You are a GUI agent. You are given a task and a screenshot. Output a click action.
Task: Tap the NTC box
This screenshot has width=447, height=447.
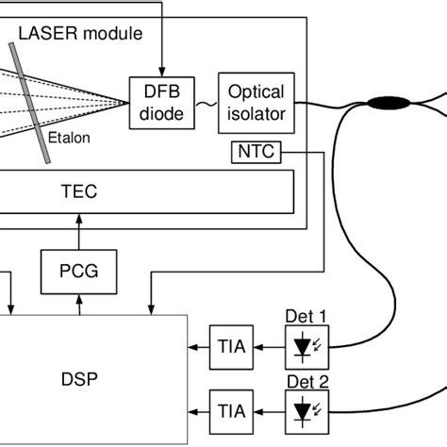(x=255, y=151)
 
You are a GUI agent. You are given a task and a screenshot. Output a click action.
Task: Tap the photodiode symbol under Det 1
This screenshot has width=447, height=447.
(x=306, y=348)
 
